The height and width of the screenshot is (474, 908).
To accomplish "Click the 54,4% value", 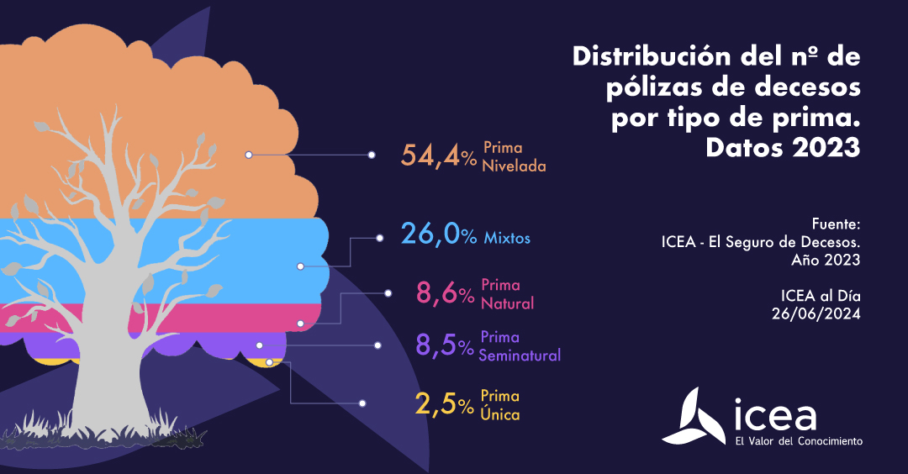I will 438,155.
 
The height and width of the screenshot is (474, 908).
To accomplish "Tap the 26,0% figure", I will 438,234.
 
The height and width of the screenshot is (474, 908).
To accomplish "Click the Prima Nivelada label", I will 514,156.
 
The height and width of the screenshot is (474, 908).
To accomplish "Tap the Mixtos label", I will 507,238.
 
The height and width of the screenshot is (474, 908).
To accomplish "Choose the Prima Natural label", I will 507,293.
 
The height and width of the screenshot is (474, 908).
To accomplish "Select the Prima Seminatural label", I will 520,345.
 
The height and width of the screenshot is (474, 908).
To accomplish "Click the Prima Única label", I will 499,404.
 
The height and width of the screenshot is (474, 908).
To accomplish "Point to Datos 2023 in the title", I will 783,148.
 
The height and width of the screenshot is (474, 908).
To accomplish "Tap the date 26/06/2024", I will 816,313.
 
